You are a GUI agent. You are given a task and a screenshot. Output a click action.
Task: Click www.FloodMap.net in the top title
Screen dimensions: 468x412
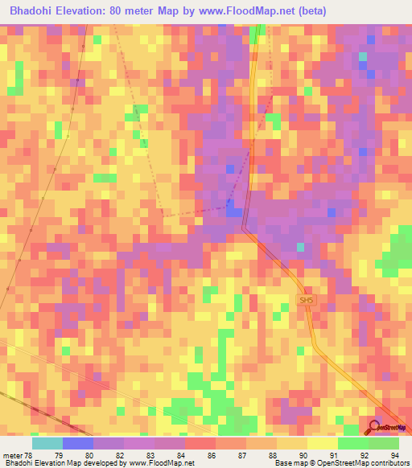point(252,10)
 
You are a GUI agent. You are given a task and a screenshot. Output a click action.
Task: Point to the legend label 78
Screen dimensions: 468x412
point(28,454)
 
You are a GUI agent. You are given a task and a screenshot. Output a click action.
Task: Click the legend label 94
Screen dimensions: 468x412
point(394,454)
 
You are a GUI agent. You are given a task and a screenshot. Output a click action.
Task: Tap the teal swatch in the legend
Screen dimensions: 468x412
point(47,443)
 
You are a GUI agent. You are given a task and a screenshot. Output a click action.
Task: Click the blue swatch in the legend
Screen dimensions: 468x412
point(78,443)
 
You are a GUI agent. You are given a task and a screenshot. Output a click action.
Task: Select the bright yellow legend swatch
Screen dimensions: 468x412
point(322,443)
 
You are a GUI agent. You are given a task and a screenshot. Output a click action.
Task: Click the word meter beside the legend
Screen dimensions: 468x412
point(11,454)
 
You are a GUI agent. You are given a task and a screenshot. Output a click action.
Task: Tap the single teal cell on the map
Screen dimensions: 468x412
point(362,55)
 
